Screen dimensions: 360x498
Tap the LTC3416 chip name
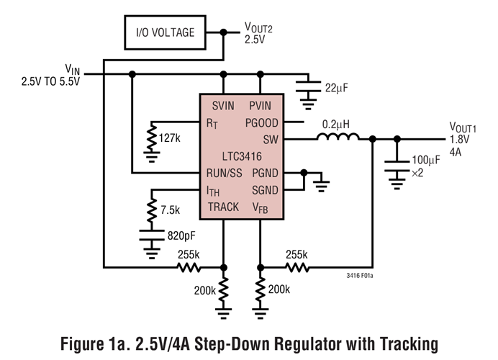(x=242, y=156)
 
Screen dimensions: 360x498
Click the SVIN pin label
(x=225, y=107)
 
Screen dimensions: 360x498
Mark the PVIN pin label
(x=263, y=107)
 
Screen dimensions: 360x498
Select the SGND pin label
(x=264, y=190)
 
